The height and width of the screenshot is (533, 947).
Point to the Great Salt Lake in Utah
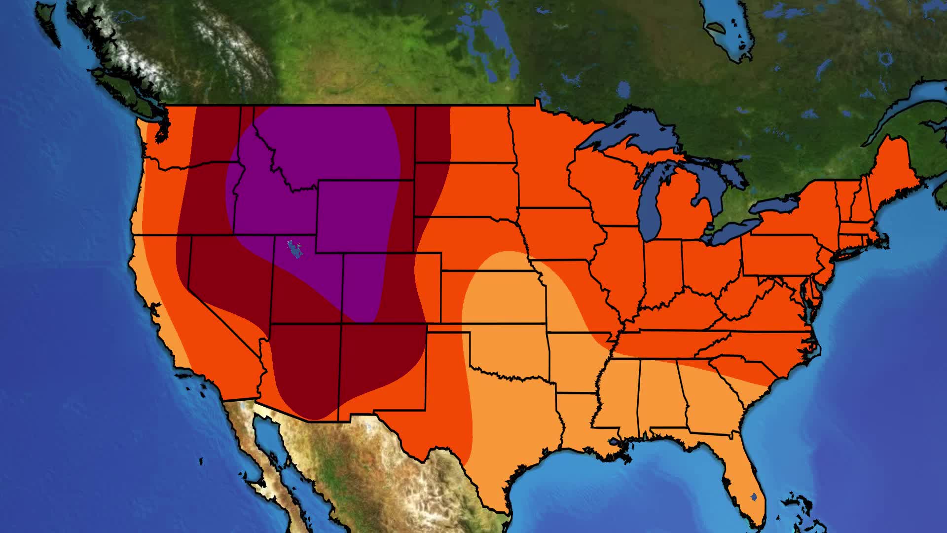pyautogui.click(x=295, y=249)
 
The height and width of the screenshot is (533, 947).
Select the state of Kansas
pyautogui.click(x=493, y=296)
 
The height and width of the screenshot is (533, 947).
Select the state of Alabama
pyautogui.click(x=658, y=395)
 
